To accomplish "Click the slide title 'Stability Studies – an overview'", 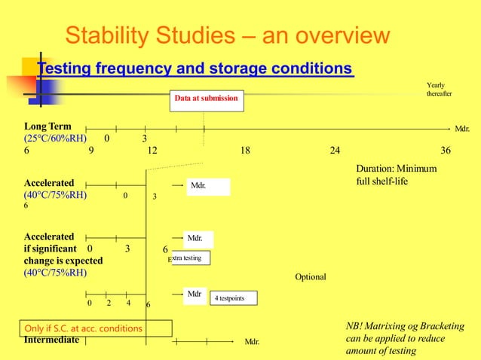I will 227,35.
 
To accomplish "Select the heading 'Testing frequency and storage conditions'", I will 195,69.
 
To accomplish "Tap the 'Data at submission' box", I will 206,99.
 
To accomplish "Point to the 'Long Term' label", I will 47,126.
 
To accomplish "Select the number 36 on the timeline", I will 446,151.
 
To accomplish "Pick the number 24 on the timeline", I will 335,151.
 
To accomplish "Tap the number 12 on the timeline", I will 152,151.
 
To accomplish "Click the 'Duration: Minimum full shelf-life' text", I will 396,175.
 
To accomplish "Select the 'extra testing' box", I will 189,258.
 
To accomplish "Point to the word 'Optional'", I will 311,277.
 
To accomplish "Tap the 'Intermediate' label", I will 51,340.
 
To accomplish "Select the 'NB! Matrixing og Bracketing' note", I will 399,338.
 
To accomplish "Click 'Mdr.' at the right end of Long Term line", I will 462,129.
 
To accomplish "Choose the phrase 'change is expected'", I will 63,261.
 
